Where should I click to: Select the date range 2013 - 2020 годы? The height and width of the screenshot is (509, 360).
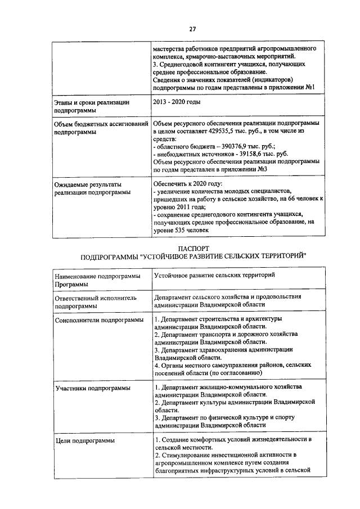click(x=177, y=102)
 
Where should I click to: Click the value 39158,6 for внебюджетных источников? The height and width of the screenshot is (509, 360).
click(x=244, y=154)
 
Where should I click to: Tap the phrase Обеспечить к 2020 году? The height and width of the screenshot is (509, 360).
click(x=188, y=184)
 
